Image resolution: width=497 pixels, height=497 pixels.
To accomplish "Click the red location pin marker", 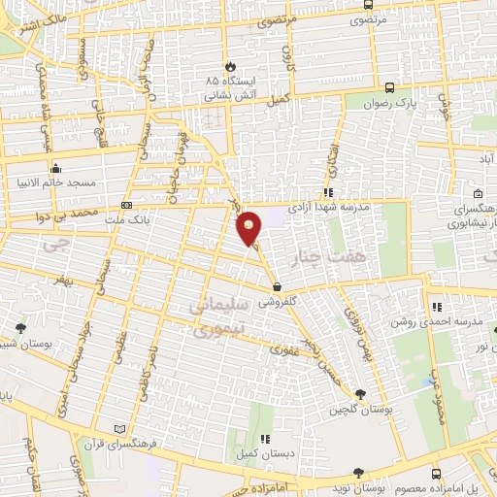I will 249,227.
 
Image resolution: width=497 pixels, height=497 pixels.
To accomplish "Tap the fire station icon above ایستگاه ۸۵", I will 230,66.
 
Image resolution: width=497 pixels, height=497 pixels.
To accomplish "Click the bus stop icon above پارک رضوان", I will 389,85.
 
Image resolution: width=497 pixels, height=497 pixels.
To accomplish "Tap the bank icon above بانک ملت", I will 126,206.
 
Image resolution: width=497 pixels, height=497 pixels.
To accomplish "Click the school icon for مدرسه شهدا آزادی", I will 329,192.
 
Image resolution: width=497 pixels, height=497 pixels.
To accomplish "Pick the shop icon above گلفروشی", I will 279,287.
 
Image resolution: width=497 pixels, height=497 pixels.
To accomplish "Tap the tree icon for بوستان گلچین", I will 360,394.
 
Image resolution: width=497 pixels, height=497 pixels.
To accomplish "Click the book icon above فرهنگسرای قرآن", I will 120,428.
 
